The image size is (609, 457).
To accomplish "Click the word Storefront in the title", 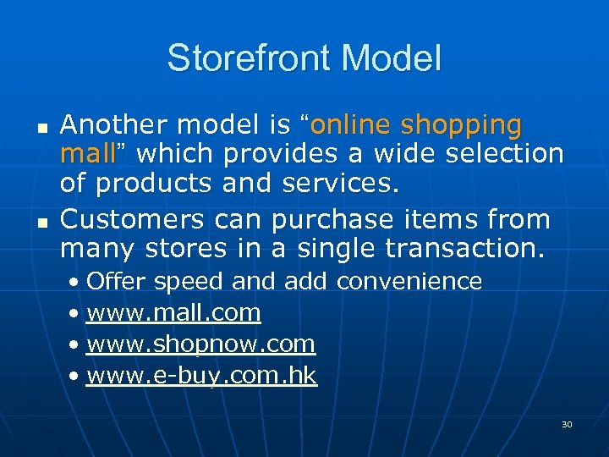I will pos(239,58).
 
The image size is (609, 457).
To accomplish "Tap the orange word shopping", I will pos(461,126).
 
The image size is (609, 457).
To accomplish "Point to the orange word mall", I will pos(87,154).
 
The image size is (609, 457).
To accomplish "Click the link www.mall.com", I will pos(173,313).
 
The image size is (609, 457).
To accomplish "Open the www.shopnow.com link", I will pos(200,344).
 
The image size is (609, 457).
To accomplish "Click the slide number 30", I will pos(567,424).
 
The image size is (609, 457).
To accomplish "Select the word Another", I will pos(114,125).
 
